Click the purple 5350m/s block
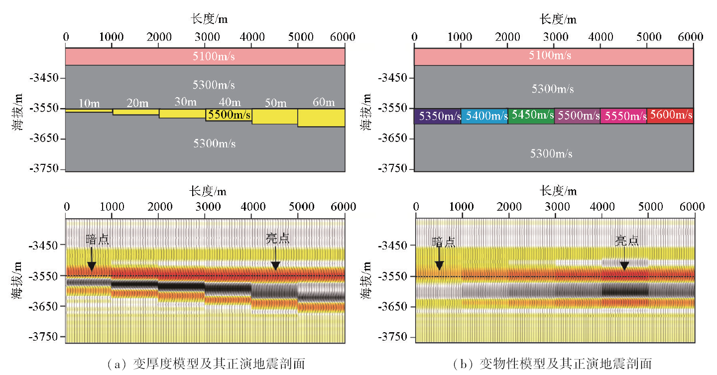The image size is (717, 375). pyautogui.click(x=437, y=116)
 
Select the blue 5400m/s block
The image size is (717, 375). pyautogui.click(x=484, y=116)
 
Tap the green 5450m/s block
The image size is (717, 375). pyautogui.click(x=531, y=116)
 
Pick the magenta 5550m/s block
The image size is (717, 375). pyautogui.click(x=623, y=116)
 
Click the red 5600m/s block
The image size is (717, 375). pyautogui.click(x=670, y=116)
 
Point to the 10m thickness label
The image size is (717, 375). pyautogui.click(x=89, y=104)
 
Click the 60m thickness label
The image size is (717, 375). pyautogui.click(x=324, y=103)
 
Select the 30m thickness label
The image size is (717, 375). pyautogui.click(x=185, y=102)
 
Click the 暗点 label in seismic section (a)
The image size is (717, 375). pyautogui.click(x=97, y=240)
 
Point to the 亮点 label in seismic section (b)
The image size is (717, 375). pyautogui.click(x=626, y=241)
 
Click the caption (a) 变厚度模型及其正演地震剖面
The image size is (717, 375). pyautogui.click(x=206, y=364)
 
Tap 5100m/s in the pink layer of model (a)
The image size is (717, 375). pyautogui.click(x=214, y=56)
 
